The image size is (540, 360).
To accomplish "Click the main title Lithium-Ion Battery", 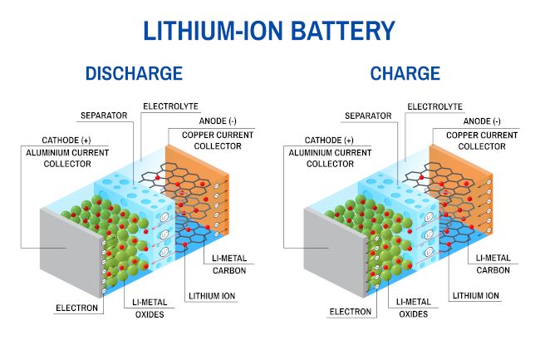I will tap(269, 31).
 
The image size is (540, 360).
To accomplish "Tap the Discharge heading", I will tap(133, 73).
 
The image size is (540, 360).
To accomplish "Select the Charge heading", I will tap(405, 73).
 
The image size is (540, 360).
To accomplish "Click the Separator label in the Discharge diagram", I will tap(104, 115).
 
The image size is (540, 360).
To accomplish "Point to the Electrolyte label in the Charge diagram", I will tap(433, 106).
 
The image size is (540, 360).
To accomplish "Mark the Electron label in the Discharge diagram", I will tap(77, 308).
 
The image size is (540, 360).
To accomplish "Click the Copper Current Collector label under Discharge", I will tap(205, 140).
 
